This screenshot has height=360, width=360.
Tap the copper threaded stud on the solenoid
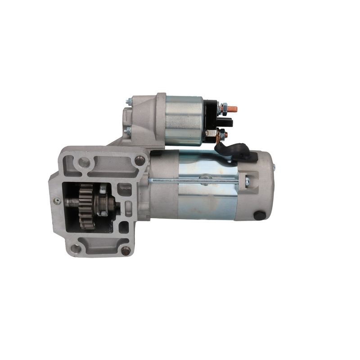tap(232, 109)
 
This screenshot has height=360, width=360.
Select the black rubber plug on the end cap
tap(259, 215)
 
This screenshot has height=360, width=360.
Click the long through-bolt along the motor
tap(198, 181)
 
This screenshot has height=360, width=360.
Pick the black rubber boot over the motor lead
tap(234, 151)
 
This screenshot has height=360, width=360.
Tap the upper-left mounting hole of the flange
tap(84, 162)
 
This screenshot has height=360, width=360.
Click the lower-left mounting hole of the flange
tap(76, 248)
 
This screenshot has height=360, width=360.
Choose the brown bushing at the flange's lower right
tap(126, 250)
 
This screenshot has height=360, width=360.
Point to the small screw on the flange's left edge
tap(57, 201)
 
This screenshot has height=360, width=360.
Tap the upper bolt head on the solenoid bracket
tap(129, 103)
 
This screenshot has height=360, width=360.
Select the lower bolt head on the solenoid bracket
tap(128, 131)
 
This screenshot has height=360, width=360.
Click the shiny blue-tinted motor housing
tap(207, 198)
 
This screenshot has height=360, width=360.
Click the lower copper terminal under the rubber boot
tap(221, 134)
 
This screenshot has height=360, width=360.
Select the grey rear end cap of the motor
tap(256, 189)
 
